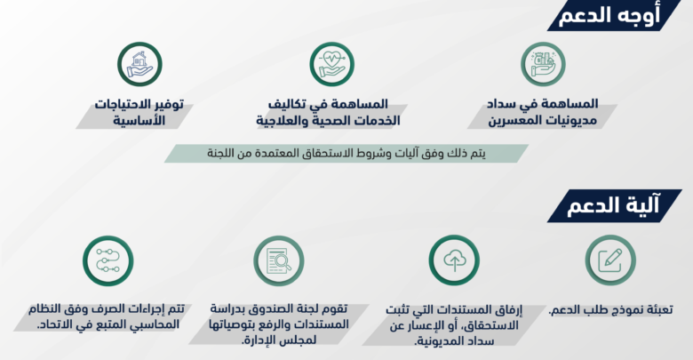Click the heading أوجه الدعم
[x=609, y=16]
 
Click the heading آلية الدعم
[x=613, y=205]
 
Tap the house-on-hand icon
[x=139, y=64]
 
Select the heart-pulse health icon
[x=332, y=64]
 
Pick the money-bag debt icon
[x=543, y=64]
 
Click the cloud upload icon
[x=454, y=260]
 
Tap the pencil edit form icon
[x=610, y=260]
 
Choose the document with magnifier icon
[x=279, y=260]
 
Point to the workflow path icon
[x=108, y=260]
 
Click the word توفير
[x=167, y=104]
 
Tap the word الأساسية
[x=139, y=120]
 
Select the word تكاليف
[x=285, y=104]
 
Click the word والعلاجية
[x=283, y=121]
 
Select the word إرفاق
[x=509, y=309]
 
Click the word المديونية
[x=437, y=341]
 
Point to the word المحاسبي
[x=154, y=324]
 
